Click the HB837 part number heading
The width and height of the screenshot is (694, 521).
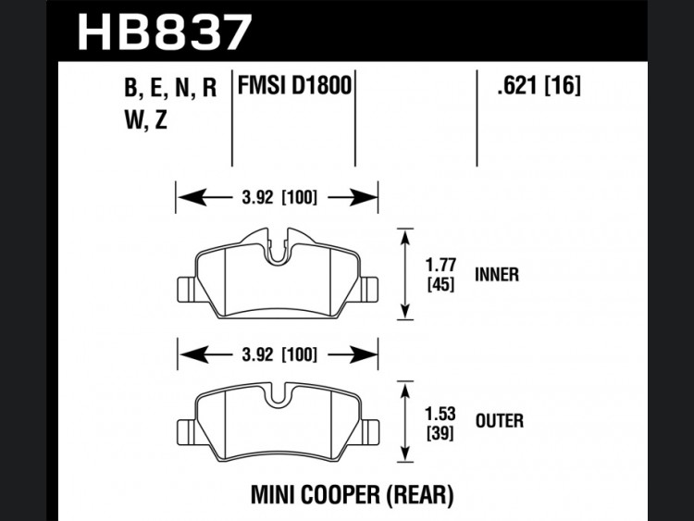pyautogui.click(x=165, y=31)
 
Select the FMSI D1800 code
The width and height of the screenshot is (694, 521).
pyautogui.click(x=295, y=85)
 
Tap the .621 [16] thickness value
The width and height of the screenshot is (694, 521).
pyautogui.click(x=539, y=84)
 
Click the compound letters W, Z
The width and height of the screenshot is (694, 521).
pyautogui.click(x=146, y=119)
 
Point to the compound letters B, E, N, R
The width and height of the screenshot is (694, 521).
pyautogui.click(x=170, y=87)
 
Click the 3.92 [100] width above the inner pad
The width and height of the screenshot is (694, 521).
pyautogui.click(x=279, y=197)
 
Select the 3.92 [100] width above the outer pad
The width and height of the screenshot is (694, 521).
pyautogui.click(x=279, y=354)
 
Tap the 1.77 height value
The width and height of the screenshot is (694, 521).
pyautogui.click(x=440, y=266)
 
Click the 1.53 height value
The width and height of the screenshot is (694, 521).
pyautogui.click(x=440, y=414)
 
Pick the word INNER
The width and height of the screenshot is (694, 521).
pyautogui.click(x=497, y=275)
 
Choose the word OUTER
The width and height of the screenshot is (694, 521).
pyautogui.click(x=500, y=420)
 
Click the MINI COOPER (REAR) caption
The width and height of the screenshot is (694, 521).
pyautogui.click(x=353, y=495)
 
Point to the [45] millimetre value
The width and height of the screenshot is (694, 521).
pyautogui.click(x=440, y=284)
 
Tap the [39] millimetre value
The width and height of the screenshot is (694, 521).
pyautogui.click(x=440, y=433)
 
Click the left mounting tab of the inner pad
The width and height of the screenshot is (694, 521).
pyautogui.click(x=186, y=290)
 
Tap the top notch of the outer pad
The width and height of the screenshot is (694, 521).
pyautogui.click(x=278, y=395)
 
